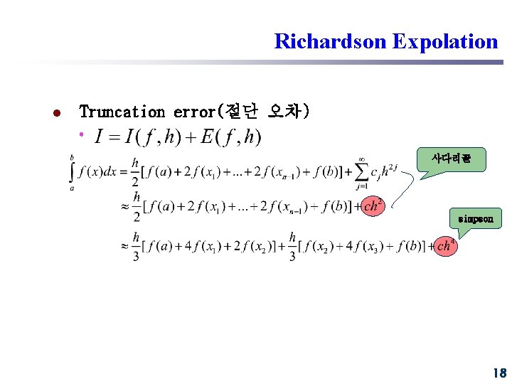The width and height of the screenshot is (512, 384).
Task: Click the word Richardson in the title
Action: click(331, 41)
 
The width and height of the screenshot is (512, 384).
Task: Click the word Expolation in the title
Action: click(445, 41)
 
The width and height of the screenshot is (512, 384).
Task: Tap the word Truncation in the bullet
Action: click(122, 112)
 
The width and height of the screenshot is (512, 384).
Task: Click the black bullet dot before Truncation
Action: click(56, 112)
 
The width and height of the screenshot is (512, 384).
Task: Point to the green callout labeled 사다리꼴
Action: click(452, 159)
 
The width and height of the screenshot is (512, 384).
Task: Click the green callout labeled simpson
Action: click(475, 219)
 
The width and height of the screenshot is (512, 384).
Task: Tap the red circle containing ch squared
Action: click(373, 206)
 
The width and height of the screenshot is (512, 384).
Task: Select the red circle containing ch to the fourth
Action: click(445, 246)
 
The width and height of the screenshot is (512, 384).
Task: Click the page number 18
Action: click(498, 373)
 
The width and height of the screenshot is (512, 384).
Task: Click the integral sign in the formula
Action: click(72, 171)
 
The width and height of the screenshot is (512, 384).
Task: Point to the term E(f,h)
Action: click(230, 136)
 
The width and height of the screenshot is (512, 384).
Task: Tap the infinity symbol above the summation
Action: click(362, 159)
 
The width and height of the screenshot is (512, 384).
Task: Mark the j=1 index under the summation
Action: click(361, 187)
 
